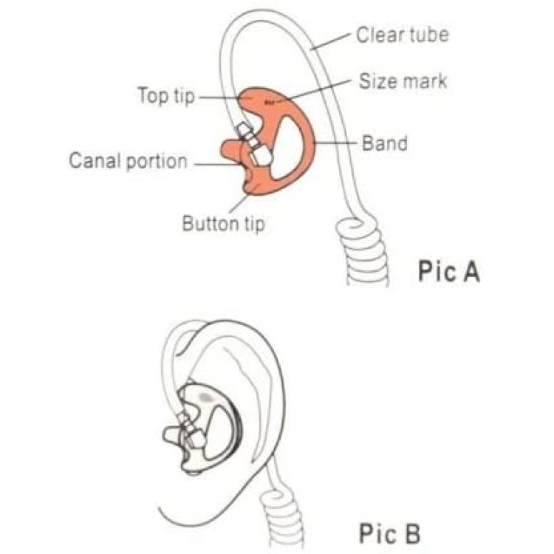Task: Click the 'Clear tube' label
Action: pyautogui.click(x=402, y=35)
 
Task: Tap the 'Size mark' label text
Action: pyautogui.click(x=403, y=81)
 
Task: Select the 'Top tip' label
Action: pyautogui.click(x=166, y=95)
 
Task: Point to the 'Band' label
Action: pyautogui.click(x=385, y=143)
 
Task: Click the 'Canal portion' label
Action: pyautogui.click(x=128, y=161)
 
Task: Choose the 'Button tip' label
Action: pyautogui.click(x=223, y=224)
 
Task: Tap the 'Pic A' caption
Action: pyautogui.click(x=449, y=271)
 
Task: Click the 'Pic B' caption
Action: pyautogui.click(x=390, y=533)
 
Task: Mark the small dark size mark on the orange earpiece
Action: pyautogui.click(x=269, y=103)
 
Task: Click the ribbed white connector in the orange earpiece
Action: pyautogui.click(x=253, y=145)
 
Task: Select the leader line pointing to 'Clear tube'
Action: pyautogui.click(x=332, y=41)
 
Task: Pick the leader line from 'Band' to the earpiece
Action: pyautogui.click(x=335, y=143)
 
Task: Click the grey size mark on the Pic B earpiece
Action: pyautogui.click(x=205, y=397)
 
